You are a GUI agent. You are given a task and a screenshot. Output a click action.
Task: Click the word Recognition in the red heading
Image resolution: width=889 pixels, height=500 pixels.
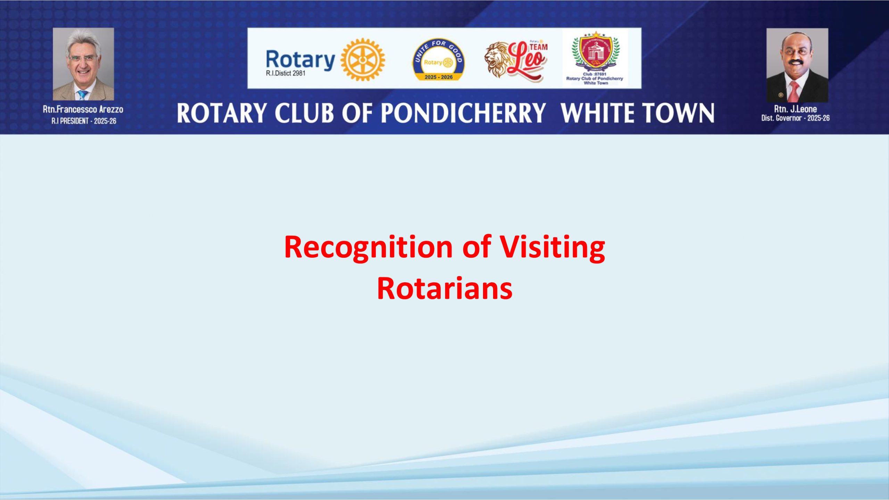pos(368,248)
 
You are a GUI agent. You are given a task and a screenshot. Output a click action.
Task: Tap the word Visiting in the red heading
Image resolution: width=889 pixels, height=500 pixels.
pos(552,248)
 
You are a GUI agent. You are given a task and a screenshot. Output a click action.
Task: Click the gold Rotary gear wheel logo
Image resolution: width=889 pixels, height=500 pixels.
pos(363,59)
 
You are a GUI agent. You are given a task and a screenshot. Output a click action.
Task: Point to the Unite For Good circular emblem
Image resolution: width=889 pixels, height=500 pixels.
pos(438,60)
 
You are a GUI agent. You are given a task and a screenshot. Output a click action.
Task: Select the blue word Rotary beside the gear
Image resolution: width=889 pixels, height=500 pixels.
pos(300,60)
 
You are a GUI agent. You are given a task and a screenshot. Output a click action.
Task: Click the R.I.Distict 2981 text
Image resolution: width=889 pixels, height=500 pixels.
pos(285,73)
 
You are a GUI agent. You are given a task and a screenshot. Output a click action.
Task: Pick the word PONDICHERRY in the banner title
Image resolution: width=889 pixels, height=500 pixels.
pos(464,113)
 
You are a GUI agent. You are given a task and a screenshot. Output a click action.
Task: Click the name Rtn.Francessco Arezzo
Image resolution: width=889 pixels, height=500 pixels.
pos(83,109)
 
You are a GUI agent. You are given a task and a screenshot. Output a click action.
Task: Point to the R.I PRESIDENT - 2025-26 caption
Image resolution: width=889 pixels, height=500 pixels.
pos(84,121)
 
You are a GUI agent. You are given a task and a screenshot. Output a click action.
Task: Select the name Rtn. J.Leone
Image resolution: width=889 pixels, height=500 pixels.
pos(795,109)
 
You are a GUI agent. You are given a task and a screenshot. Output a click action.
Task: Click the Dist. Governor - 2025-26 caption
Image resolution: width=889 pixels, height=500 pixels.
pos(795,118)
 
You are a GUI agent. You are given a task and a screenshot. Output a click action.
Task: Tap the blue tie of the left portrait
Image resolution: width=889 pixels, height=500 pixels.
pos(82,95)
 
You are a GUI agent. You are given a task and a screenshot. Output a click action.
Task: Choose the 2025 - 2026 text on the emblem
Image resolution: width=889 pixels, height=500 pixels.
pos(439,77)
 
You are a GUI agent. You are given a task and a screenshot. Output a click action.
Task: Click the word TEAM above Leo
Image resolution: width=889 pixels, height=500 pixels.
pos(539,47)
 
